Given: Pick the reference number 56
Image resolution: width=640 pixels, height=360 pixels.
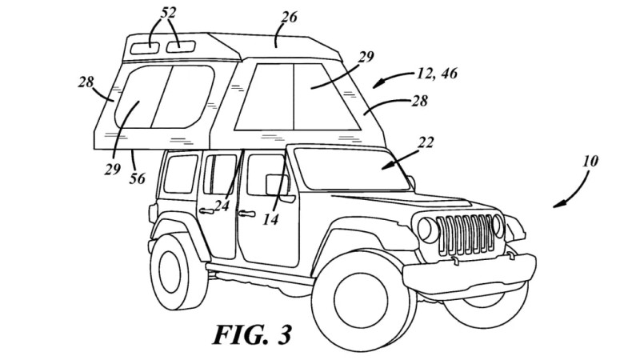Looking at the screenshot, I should pos(137,179).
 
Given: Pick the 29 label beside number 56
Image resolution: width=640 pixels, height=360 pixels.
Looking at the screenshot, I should pos(112,170).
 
